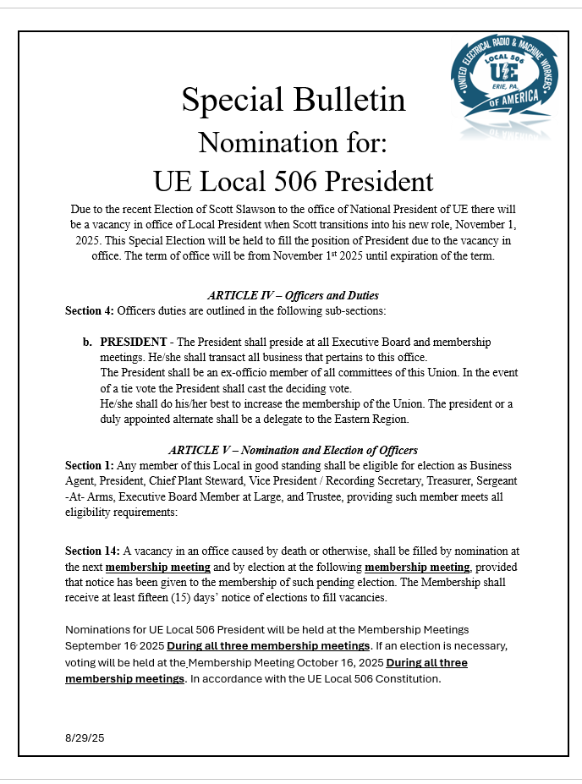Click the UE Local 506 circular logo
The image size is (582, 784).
pos(504,85)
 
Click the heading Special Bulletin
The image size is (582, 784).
pos(294,100)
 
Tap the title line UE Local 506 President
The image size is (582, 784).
pos(293,181)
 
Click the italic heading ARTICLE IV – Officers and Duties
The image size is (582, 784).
pos(293,295)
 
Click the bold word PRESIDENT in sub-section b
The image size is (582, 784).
pos(133,343)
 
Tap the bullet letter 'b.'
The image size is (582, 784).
pos(87,343)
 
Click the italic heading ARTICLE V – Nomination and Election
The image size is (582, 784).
pos(293,450)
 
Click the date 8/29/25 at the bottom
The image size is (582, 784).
pos(85,737)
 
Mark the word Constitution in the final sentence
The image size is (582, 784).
pos(409,678)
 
